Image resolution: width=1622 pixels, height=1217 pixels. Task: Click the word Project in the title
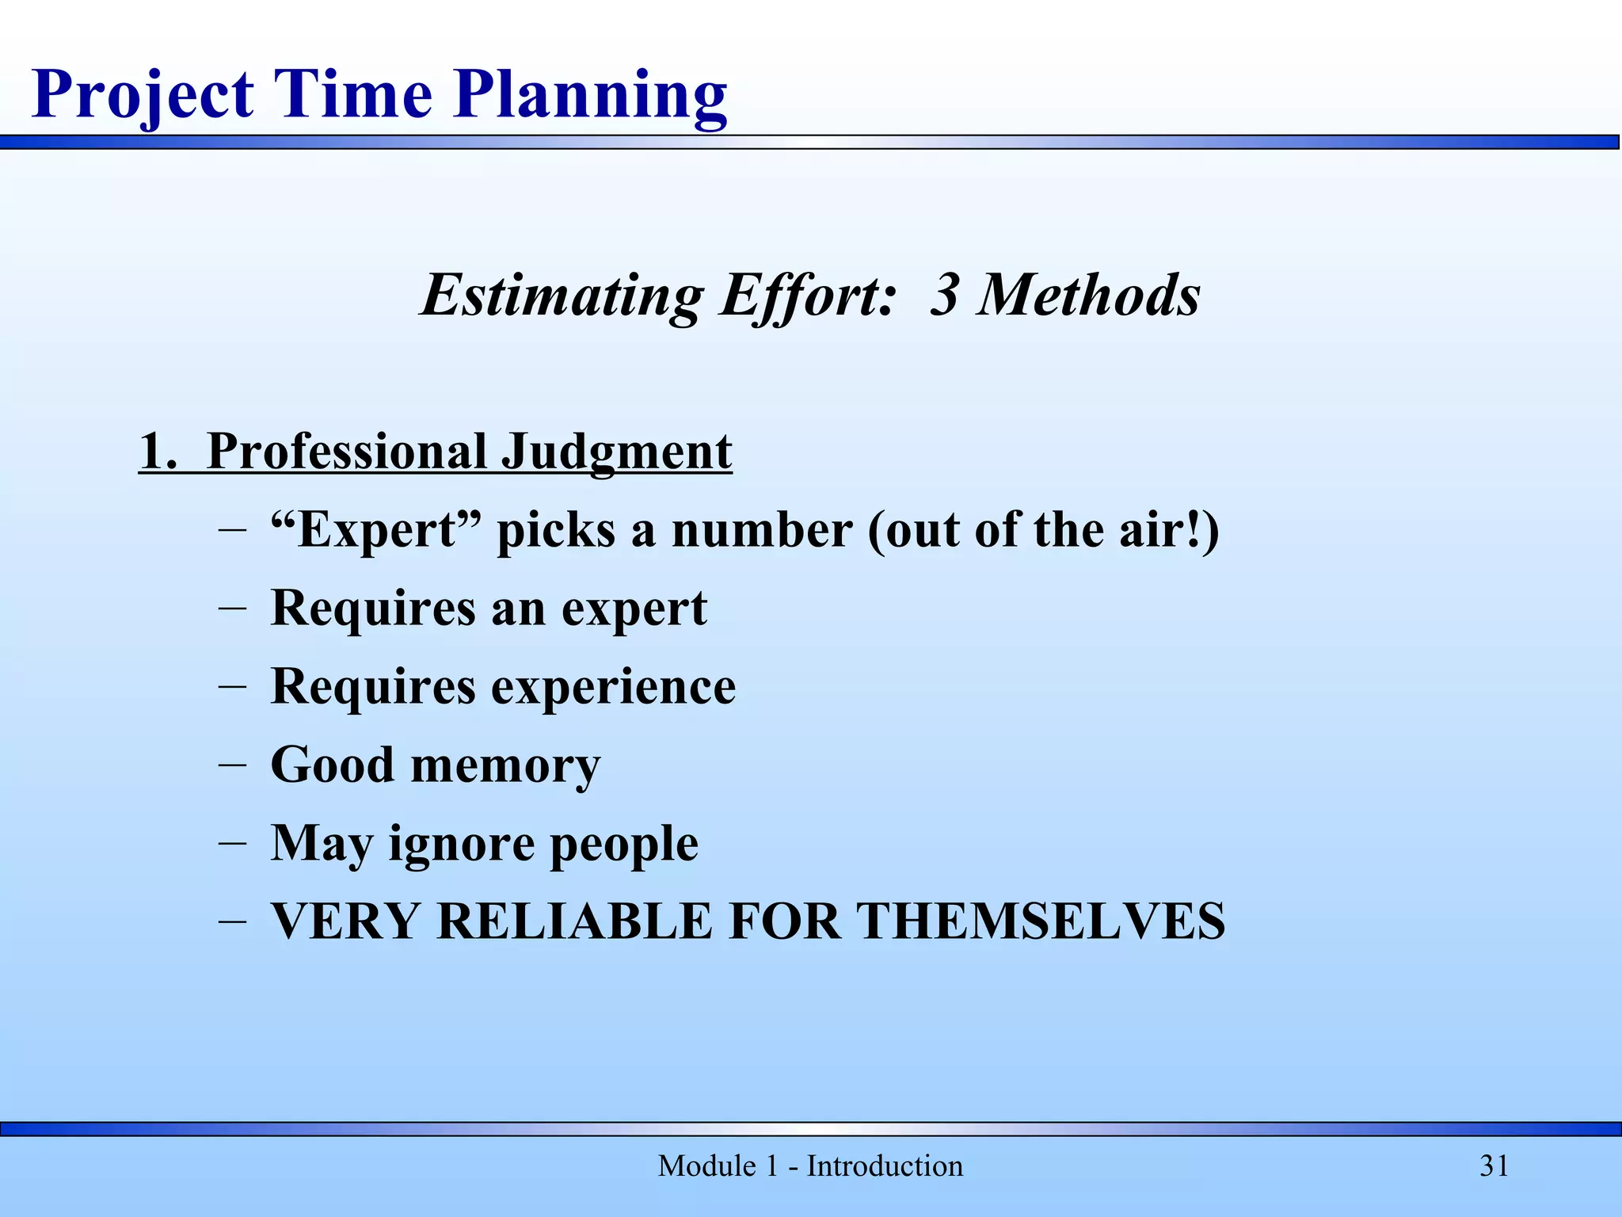click(x=143, y=95)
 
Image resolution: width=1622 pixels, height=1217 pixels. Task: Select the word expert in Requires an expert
click(x=634, y=608)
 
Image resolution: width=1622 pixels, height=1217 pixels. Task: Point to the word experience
click(x=614, y=686)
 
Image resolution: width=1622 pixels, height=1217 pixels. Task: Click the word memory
click(x=505, y=765)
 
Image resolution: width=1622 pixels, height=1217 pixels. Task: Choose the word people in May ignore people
click(x=624, y=843)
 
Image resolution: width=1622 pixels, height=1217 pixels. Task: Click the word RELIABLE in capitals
click(x=574, y=921)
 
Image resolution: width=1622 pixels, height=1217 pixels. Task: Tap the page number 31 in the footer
click(x=1494, y=1166)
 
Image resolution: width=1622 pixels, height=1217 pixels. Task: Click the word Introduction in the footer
click(x=885, y=1166)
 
